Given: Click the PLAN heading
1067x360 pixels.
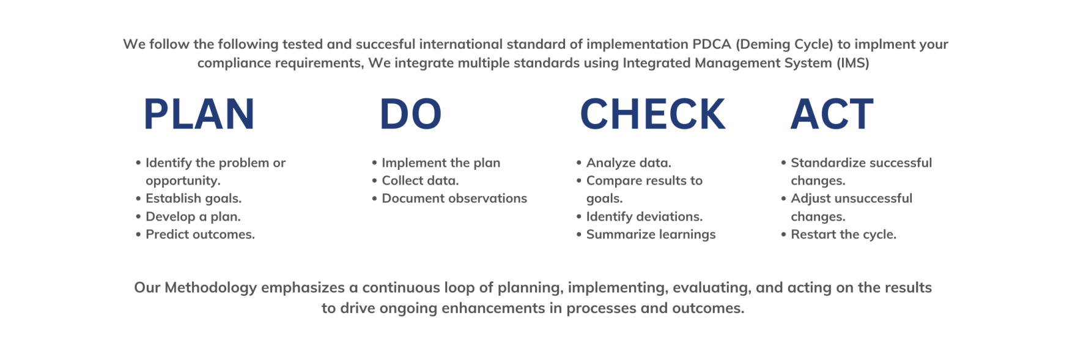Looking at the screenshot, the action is point(199,114).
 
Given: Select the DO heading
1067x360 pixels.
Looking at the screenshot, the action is point(410,114).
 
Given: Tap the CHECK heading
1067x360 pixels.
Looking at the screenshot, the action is point(652,114).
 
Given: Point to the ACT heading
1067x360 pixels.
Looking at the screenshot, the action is point(832,114).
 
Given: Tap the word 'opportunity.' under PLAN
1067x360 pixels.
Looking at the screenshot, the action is point(183,181).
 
